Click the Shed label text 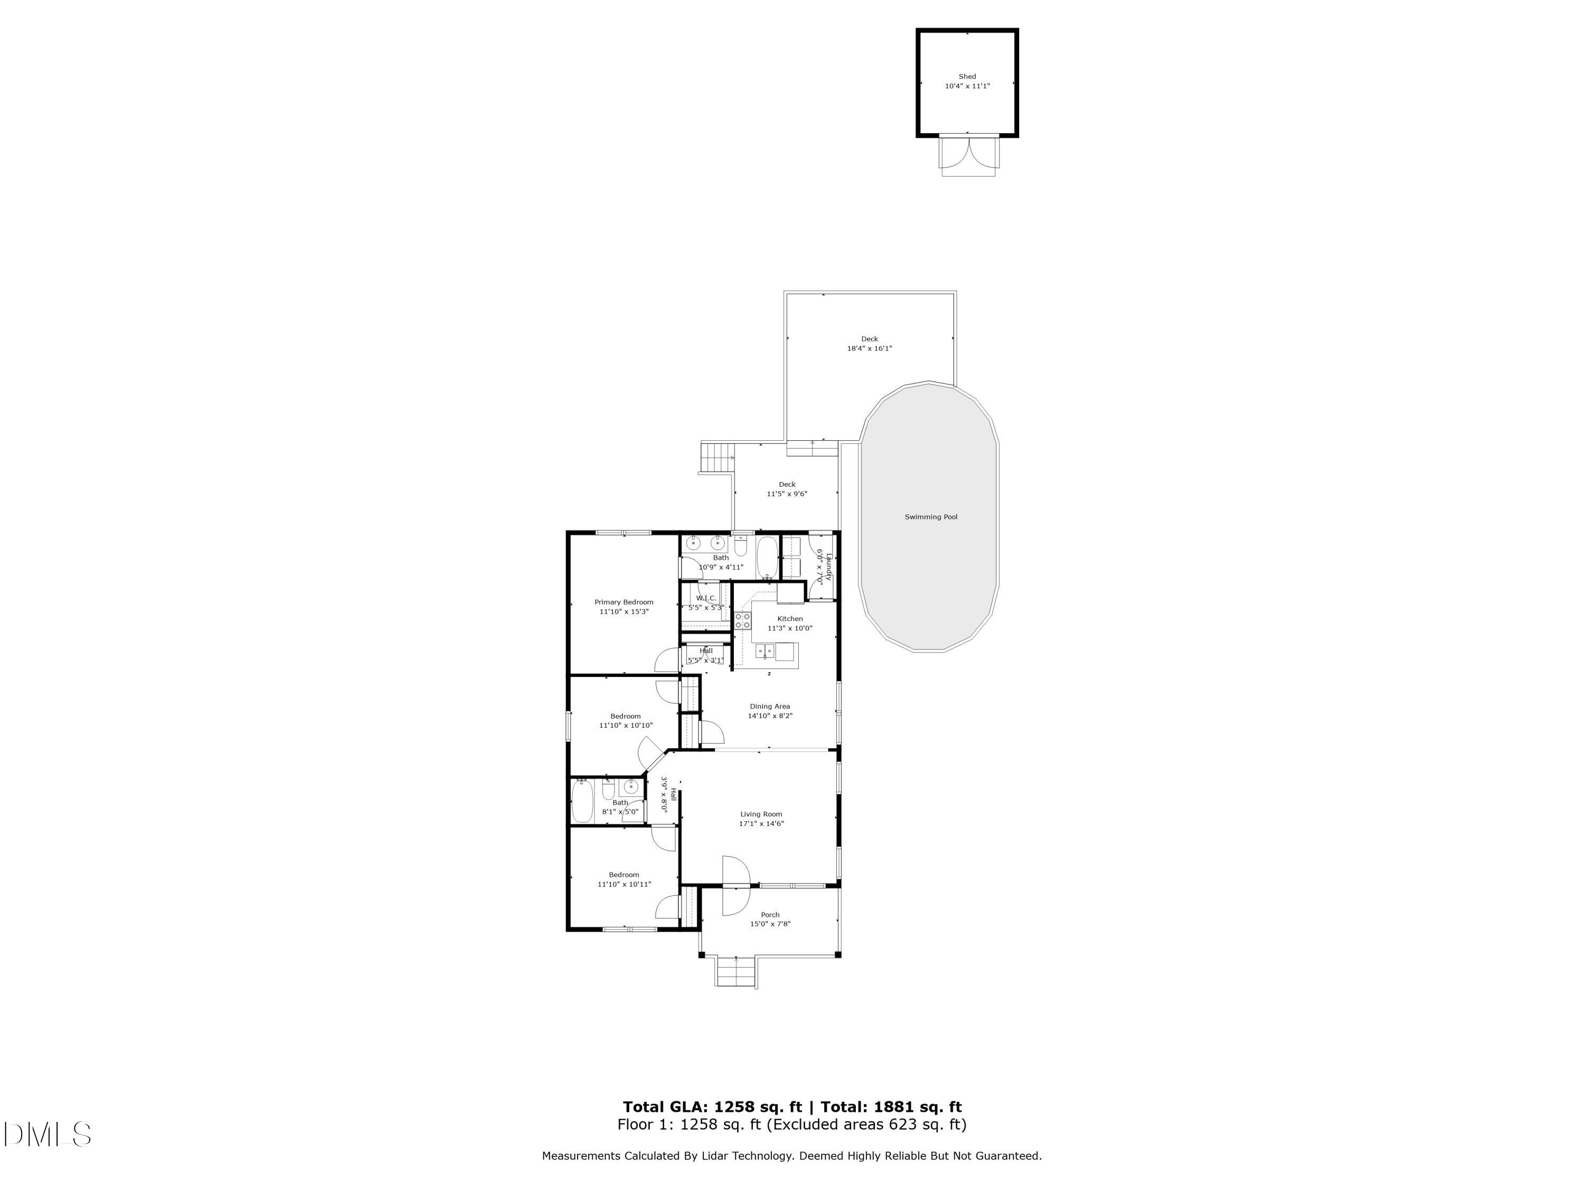click(967, 77)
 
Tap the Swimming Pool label click(931, 517)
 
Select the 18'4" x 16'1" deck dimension click(869, 349)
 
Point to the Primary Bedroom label click(623, 602)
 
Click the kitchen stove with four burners click(742, 621)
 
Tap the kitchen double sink click(765, 652)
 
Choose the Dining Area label click(770, 706)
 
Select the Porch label click(770, 915)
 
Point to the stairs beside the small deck click(718, 457)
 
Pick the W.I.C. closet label click(706, 598)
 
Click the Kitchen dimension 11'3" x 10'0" click(790, 628)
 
